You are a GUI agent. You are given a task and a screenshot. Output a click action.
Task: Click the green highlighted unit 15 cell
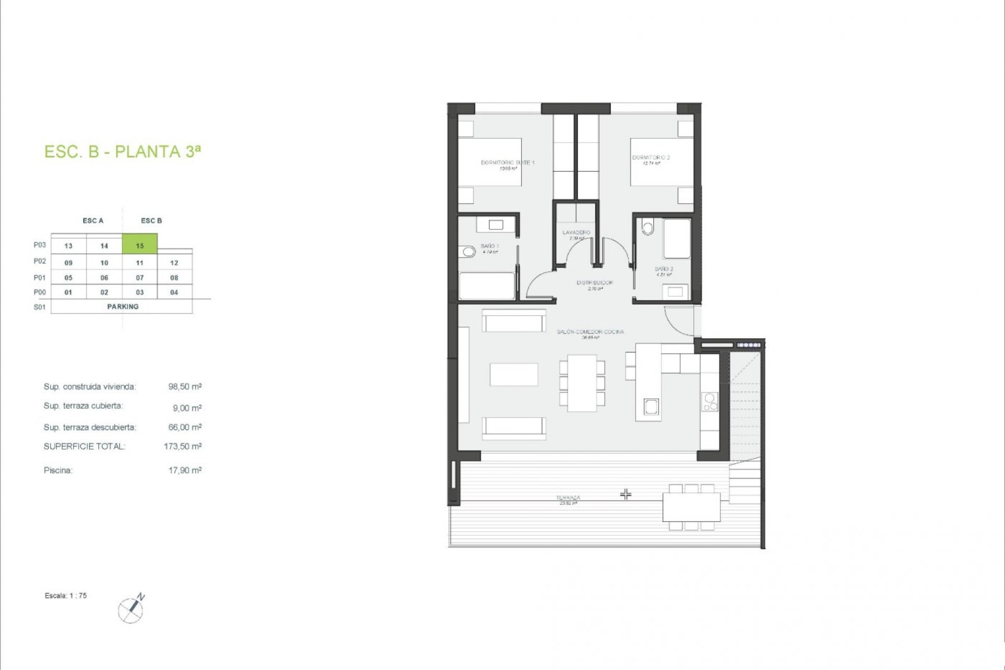click(140, 244)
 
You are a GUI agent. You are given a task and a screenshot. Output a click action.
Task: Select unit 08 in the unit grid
click(174, 277)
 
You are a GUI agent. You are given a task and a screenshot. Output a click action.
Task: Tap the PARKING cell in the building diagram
click(122, 306)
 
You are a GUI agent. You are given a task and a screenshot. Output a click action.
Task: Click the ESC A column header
click(93, 220)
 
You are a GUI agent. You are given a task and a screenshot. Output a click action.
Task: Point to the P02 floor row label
click(40, 261)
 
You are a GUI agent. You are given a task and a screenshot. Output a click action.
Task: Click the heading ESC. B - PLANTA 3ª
click(122, 151)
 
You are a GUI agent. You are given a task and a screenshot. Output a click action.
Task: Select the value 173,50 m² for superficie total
click(183, 446)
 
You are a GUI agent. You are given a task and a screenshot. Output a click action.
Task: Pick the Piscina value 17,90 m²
click(185, 470)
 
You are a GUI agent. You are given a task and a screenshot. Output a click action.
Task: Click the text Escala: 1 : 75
click(66, 596)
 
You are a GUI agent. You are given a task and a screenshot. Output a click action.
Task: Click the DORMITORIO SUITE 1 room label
click(507, 163)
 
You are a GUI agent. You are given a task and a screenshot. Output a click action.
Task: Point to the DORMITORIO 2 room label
click(651, 158)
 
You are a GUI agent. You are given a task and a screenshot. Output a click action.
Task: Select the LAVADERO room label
click(576, 232)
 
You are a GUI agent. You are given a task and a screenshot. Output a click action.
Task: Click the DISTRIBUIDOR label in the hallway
click(595, 283)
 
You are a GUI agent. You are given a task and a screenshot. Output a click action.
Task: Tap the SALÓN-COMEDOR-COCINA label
click(590, 332)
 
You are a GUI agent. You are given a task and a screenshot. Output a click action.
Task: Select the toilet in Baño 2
click(648, 227)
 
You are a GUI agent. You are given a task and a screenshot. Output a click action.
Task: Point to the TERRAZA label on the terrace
click(568, 498)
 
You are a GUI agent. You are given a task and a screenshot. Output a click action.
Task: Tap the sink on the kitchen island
click(651, 406)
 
